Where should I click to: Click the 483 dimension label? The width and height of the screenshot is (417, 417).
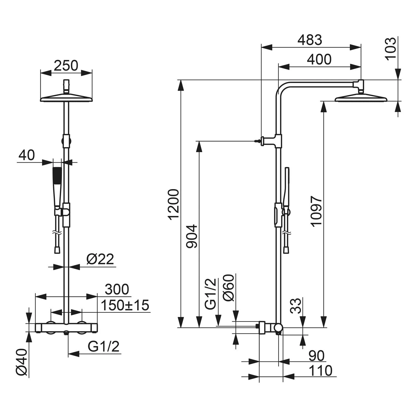pos(310,40)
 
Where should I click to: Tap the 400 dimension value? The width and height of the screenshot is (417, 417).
pos(319,59)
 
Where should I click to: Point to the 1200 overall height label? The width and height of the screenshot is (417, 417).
pos(174,204)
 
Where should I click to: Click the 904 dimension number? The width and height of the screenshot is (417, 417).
pos(192,236)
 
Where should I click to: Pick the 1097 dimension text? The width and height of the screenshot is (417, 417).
pos(316,211)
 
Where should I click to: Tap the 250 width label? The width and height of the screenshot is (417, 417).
pos(66,66)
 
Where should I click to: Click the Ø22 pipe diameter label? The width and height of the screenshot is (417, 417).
pos(100,259)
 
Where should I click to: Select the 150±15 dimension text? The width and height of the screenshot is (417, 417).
pos(125,305)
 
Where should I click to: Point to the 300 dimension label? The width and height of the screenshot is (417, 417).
pos(117,289)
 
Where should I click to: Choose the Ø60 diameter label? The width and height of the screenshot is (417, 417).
pos(229,288)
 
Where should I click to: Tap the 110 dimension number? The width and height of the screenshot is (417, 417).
pos(321,370)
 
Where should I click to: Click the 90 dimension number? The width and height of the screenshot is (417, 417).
pos(316,356)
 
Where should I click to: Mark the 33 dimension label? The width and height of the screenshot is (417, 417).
pos(297,306)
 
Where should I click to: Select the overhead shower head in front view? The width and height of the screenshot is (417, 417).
pos(66,98)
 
